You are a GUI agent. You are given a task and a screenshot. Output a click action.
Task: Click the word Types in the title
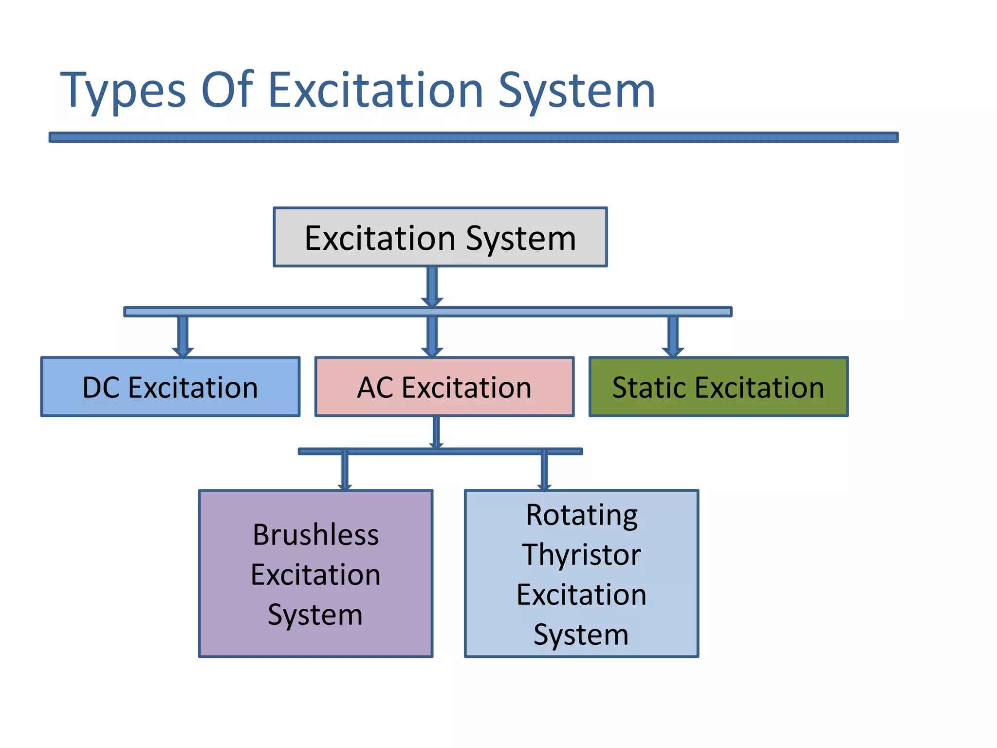click(123, 91)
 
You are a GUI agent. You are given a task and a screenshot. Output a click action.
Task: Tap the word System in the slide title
click(576, 91)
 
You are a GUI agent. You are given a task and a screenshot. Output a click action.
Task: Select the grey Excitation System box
click(440, 238)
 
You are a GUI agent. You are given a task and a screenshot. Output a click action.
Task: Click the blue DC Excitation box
click(170, 387)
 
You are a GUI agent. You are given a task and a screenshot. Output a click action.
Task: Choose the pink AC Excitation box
click(444, 387)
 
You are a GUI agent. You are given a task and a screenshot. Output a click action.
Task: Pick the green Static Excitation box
click(719, 387)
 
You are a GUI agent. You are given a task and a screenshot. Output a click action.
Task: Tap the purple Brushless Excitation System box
click(315, 574)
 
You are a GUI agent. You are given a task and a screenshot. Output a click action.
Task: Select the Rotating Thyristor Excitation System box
click(581, 574)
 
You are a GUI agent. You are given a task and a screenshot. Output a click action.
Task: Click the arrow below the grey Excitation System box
click(432, 287)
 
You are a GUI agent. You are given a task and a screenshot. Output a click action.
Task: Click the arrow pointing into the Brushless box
click(345, 470)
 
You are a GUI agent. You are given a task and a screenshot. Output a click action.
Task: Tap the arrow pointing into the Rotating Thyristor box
click(544, 470)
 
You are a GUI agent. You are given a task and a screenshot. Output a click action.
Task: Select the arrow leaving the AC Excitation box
click(436, 432)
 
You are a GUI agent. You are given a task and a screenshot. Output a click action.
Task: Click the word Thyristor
click(581, 555)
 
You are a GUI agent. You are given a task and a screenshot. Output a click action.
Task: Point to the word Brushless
click(315, 535)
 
